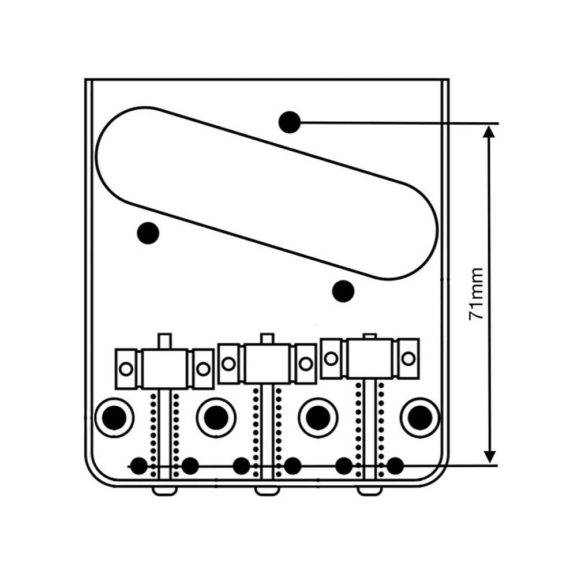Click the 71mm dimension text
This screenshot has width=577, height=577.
477,294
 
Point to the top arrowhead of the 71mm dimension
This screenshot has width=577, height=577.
489,130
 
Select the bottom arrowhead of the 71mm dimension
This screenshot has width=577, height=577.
489,458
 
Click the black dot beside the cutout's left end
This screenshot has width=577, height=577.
148,233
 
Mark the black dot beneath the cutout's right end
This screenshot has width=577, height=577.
343,290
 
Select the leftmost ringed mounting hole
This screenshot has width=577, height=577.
114,417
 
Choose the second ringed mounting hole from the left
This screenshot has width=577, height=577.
216,417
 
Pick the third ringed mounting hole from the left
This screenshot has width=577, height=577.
318,417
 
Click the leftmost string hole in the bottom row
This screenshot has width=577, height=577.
138,465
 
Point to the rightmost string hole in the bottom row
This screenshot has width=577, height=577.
395,465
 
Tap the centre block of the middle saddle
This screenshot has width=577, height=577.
267,364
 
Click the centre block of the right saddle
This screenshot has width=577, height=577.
369,358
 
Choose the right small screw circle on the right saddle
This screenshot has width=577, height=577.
408,358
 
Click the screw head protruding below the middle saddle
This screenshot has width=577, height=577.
267,490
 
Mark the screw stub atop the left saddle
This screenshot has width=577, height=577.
165,340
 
